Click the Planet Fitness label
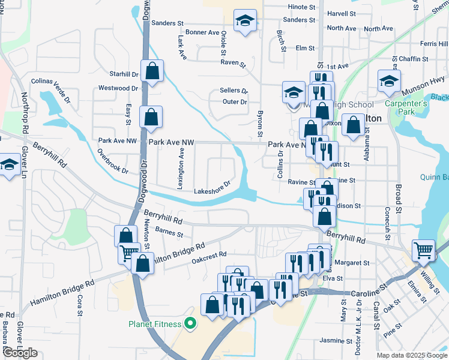click(155, 325)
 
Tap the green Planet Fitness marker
click(191, 325)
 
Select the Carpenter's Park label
click(406, 107)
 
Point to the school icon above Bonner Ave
click(245, 22)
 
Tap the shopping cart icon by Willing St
click(424, 250)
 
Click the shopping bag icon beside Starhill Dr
click(152, 72)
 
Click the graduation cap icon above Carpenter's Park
click(389, 82)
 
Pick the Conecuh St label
click(387, 221)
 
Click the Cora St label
click(80, 305)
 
